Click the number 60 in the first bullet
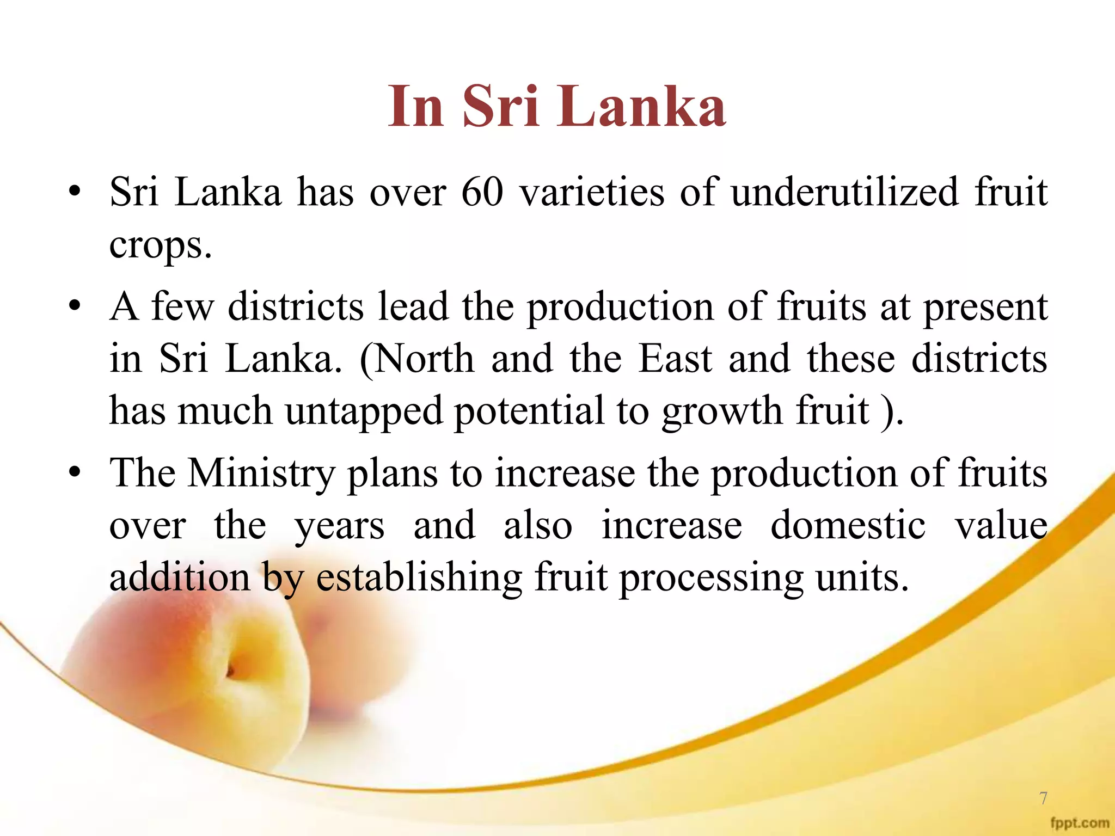click(x=482, y=193)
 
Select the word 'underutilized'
click(x=844, y=193)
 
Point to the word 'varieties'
click(x=592, y=193)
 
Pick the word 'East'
click(x=675, y=359)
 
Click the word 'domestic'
click(x=848, y=526)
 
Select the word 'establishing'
click(x=419, y=578)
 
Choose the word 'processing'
click(x=711, y=578)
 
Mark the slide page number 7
click(x=1043, y=798)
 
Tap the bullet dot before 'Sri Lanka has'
click(x=75, y=192)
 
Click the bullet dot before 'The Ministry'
click(x=75, y=472)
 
